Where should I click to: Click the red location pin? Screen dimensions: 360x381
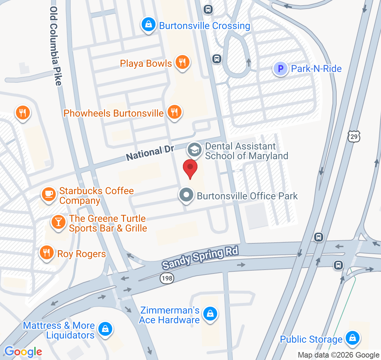[190, 168]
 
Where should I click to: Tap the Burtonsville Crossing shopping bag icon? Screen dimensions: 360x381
[148, 25]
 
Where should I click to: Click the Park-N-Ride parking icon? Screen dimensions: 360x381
[281, 69]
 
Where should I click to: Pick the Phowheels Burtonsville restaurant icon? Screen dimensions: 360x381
[175, 112]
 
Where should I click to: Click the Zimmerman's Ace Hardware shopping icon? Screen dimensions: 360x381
[210, 314]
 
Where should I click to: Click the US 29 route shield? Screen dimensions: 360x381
[354, 136]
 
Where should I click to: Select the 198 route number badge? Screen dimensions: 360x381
[167, 278]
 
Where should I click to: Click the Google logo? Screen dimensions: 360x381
[23, 352]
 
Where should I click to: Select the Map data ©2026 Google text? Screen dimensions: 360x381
[338, 355]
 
